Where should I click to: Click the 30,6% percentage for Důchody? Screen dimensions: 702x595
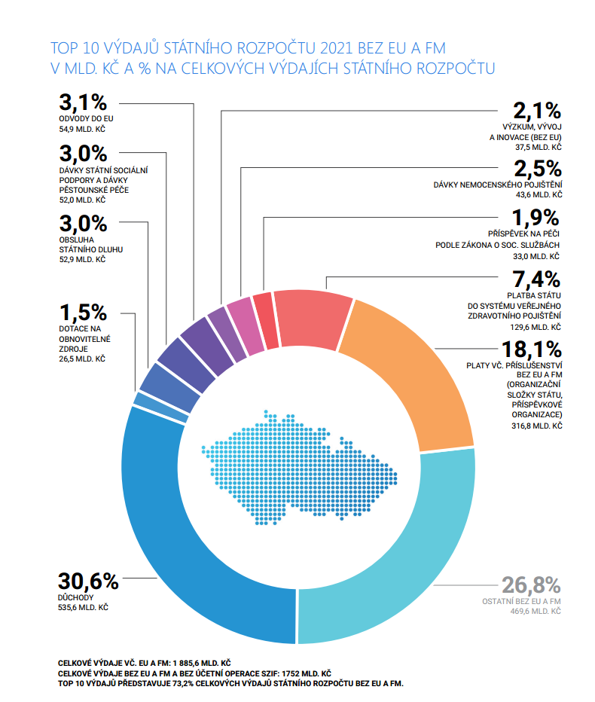pos(89,581)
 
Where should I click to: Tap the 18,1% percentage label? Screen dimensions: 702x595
pos(532,350)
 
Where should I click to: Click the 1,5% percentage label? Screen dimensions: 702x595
pos(84,312)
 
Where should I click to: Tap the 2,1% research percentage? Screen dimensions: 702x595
pos(537,111)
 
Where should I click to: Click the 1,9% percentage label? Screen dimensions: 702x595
pos(536,218)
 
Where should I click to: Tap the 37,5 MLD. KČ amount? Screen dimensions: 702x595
pos(539,148)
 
